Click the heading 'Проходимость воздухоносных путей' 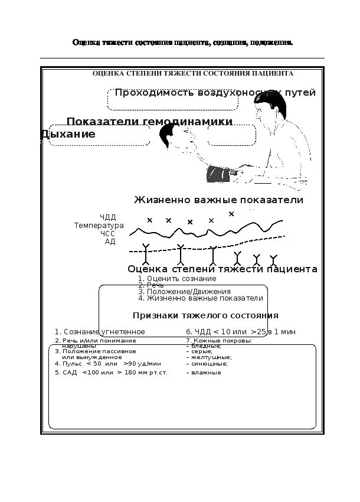point(215,93)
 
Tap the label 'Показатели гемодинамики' point(149,122)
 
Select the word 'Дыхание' point(68,135)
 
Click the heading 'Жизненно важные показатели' point(218,200)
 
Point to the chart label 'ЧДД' point(108,218)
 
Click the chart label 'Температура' point(99,226)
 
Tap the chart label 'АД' point(110,241)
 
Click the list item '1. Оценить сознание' point(177,279)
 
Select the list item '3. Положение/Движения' point(184,292)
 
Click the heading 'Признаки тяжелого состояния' point(205,315)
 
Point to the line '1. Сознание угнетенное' point(100,332)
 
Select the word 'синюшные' point(207,364)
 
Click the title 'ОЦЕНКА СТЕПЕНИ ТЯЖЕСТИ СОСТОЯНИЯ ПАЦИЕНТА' point(193,74)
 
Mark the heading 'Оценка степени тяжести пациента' point(222,269)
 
